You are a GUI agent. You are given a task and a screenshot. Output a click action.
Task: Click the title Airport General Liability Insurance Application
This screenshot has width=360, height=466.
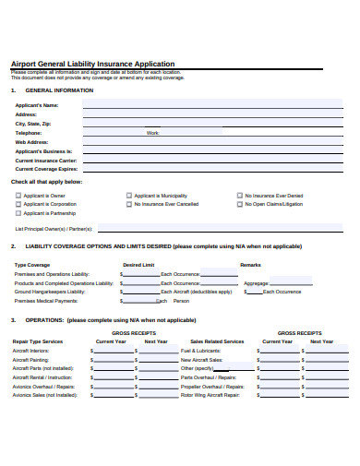pos(92,65)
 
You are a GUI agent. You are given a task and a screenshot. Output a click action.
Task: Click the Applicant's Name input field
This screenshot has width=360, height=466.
pos(212,106)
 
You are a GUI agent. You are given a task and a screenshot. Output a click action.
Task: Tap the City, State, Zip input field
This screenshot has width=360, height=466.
pos(212,124)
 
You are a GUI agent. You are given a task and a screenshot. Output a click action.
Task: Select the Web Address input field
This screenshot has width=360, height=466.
pos(212,142)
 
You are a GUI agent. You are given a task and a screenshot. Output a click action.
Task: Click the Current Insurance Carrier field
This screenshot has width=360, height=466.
pos(212,161)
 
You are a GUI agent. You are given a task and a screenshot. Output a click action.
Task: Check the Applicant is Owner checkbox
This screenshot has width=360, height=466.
pos(18,196)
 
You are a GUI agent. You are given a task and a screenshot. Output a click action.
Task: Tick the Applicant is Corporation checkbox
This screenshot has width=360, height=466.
pos(18,204)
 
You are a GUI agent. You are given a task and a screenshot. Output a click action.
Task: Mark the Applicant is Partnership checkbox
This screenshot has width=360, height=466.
pos(18,213)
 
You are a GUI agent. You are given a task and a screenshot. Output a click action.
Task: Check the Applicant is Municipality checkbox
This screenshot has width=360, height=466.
pos(128,196)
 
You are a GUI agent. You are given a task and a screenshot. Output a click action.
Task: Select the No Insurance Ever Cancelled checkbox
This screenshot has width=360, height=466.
pos(128,204)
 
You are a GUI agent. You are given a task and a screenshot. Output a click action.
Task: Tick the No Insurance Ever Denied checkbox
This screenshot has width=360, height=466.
pos(238,196)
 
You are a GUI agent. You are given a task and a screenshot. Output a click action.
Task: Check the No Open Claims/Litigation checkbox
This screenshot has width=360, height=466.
pos(238,204)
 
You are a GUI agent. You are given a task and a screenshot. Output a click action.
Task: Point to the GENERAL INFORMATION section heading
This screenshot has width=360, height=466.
pos(59,90)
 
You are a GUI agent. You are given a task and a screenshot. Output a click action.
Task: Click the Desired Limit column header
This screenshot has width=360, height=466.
pos(139,265)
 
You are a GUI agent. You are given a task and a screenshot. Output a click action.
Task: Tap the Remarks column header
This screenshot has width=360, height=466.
pos(250,265)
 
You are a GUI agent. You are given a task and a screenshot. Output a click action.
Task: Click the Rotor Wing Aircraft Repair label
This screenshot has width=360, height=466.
pos(210,394)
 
